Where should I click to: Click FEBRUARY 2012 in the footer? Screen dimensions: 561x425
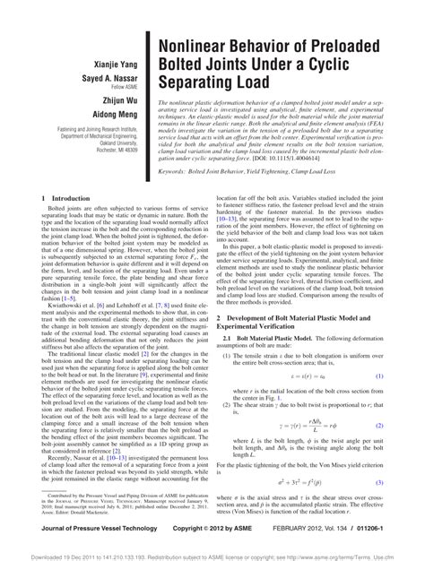(299, 531)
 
